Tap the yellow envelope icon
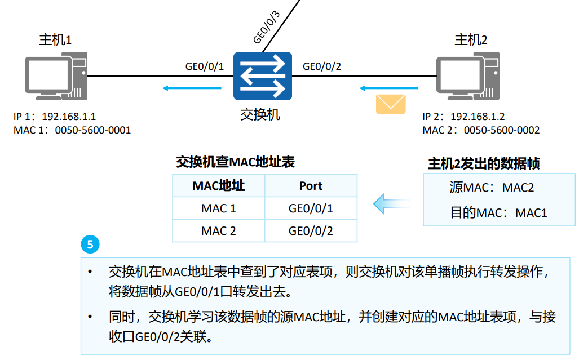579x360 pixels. [391, 104]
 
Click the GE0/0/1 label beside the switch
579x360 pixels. [205, 66]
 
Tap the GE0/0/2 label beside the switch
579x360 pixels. [322, 66]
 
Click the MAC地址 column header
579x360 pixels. [218, 186]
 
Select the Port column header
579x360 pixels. [311, 186]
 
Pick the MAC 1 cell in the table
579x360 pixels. [218, 208]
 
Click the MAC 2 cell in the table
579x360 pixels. [218, 231]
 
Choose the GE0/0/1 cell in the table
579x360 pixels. [311, 208]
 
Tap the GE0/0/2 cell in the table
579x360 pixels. [311, 231]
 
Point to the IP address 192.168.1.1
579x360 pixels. [69, 117]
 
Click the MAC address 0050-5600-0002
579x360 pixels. [501, 130]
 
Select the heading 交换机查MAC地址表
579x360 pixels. [235, 163]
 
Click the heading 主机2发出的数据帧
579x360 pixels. [484, 164]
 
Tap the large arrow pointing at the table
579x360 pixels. [392, 203]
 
